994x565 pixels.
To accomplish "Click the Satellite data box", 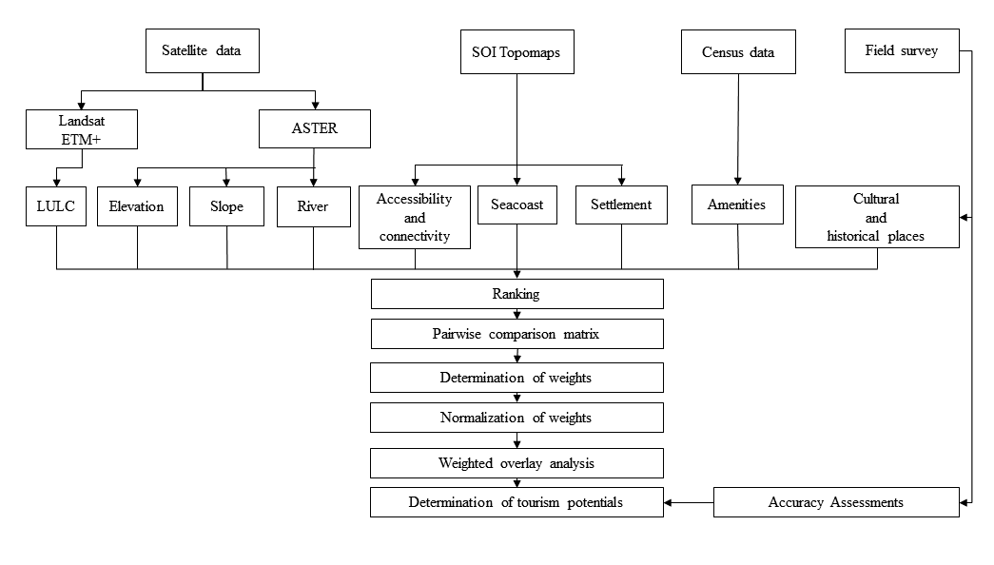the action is (x=203, y=50).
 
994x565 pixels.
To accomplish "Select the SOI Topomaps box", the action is (x=517, y=52).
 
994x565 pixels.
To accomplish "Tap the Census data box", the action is (x=738, y=52).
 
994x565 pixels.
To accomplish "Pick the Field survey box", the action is (x=902, y=50).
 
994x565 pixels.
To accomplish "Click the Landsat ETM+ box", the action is (x=82, y=129).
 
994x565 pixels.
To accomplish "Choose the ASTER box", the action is (x=315, y=128).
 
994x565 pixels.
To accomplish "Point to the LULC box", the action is (x=56, y=206).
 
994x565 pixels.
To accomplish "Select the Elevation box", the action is (x=137, y=206).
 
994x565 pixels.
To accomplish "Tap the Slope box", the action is (x=227, y=206).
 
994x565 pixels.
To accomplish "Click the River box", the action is (x=314, y=206).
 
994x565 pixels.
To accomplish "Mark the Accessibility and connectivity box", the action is (x=415, y=217).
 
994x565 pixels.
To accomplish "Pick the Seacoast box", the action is (x=517, y=205).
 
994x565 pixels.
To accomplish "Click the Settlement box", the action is (x=621, y=205).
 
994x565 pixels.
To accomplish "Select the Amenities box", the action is (x=737, y=205).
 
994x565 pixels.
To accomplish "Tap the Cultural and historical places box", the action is (x=877, y=217).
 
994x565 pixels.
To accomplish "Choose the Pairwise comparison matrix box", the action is (x=517, y=334).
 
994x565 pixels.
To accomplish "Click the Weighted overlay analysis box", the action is (x=517, y=463).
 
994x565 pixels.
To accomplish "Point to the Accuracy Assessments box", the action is (x=837, y=502).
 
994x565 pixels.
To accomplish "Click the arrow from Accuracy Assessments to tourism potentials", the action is (x=689, y=503).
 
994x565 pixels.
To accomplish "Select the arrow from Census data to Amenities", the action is (x=738, y=129).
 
